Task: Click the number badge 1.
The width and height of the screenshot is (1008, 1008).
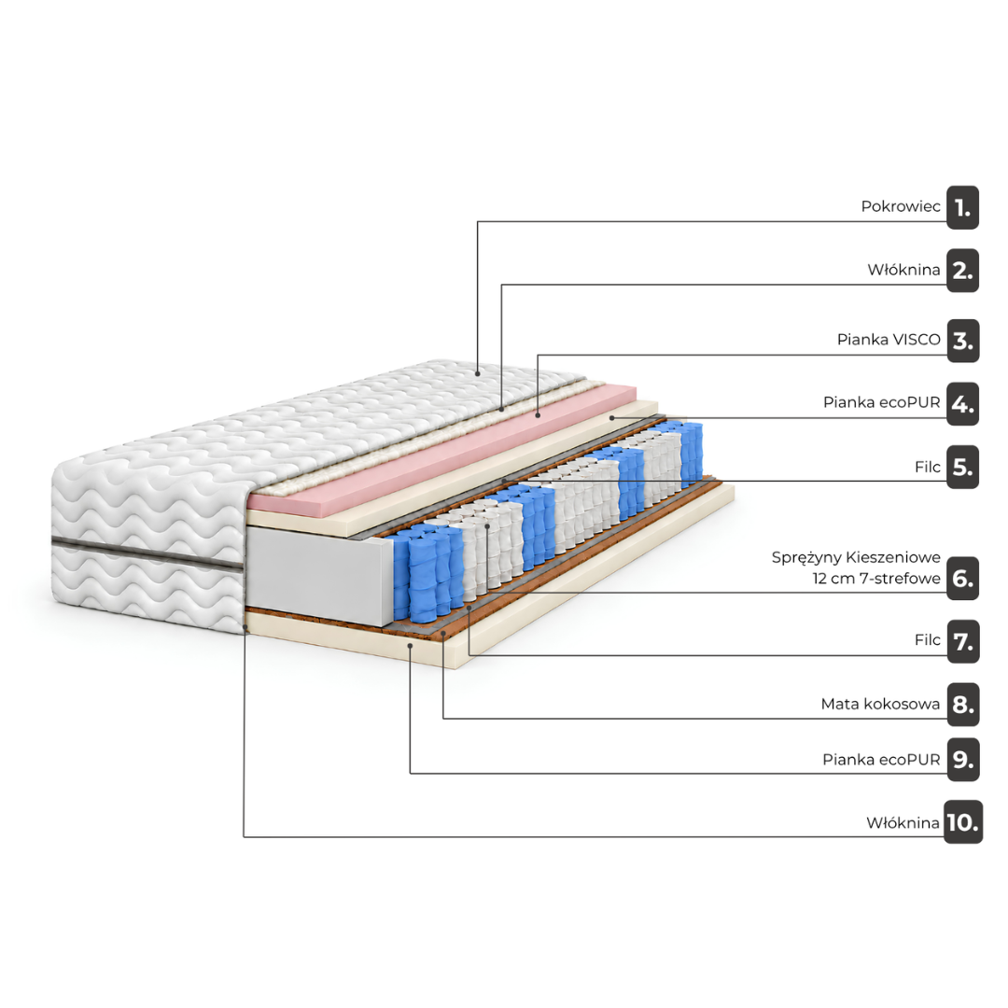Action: pos(962,207)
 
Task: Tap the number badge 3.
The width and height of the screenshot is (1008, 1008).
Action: pos(962,341)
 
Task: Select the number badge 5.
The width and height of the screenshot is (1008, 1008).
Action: pos(962,467)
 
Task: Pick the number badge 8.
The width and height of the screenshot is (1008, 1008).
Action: pos(962,705)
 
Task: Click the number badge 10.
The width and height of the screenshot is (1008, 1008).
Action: pos(962,822)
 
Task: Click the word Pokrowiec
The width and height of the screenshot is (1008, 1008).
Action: pos(901,206)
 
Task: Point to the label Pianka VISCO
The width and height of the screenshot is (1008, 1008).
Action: pos(889,340)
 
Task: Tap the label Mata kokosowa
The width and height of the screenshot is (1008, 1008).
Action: pos(880,704)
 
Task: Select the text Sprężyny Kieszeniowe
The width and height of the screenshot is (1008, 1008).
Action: pos(856,557)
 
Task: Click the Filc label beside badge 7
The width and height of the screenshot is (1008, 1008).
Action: pos(927,639)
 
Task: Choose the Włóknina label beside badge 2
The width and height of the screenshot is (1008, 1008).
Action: pos(903,270)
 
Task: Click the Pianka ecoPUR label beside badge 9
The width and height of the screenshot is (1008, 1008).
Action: pos(881,760)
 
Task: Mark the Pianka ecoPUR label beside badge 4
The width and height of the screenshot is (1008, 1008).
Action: pos(881,402)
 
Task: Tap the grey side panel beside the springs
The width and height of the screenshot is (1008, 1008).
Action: pos(319,576)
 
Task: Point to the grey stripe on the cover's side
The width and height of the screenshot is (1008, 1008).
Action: pos(147,553)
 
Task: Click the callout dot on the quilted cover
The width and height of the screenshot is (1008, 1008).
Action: pos(478,372)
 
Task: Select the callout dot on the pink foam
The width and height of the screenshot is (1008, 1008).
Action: pos(538,416)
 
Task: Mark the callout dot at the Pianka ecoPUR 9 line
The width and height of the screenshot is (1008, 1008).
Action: pos(410,645)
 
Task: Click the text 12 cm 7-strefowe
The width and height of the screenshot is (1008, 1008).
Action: pos(876,579)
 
